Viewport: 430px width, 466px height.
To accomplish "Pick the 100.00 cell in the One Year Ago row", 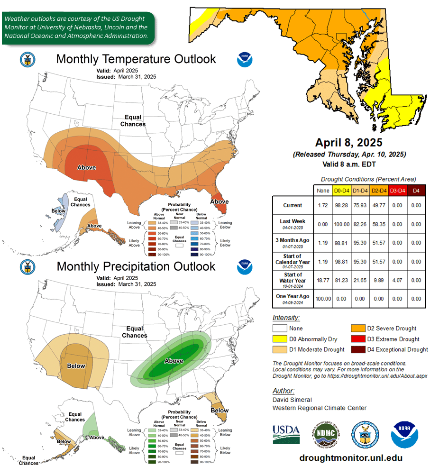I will (322, 299).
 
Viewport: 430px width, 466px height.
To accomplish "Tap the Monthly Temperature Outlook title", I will (136, 59).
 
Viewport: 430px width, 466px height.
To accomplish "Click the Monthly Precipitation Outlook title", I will (136, 266).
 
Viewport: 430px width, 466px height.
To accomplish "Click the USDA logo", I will (286, 433).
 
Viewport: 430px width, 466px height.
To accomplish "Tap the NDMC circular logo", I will (325, 434).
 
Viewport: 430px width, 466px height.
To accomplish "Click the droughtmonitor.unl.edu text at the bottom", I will (351, 458).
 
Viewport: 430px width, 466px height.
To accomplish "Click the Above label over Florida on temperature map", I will (220, 201).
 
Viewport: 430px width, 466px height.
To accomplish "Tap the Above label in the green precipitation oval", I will (174, 361).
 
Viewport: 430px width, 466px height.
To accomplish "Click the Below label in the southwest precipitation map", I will (76, 365).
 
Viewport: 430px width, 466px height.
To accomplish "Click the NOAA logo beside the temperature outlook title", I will (245, 60).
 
